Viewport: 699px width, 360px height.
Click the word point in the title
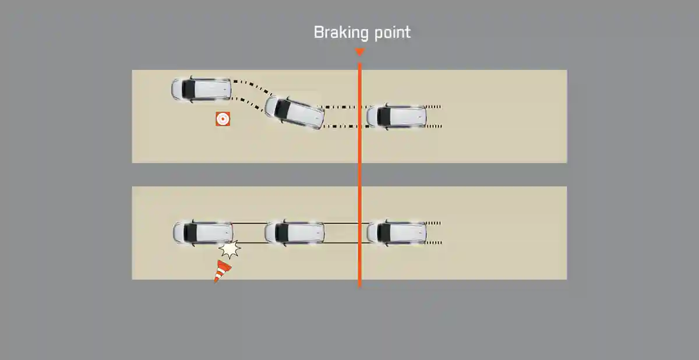391,33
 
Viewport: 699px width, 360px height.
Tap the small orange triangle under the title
359,52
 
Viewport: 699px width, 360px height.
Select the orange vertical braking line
359,175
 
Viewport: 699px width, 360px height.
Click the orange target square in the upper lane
222,119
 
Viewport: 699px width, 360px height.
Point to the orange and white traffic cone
222,271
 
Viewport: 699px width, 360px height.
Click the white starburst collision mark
230,250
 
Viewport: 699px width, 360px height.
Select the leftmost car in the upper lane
201,89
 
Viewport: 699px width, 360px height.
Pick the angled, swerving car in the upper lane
295,112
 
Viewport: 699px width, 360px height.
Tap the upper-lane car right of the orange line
397,117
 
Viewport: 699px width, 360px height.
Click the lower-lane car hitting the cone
203,232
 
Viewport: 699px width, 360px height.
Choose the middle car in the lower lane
295,232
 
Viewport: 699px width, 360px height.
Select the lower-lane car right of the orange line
397,232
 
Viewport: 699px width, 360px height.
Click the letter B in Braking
319,33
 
